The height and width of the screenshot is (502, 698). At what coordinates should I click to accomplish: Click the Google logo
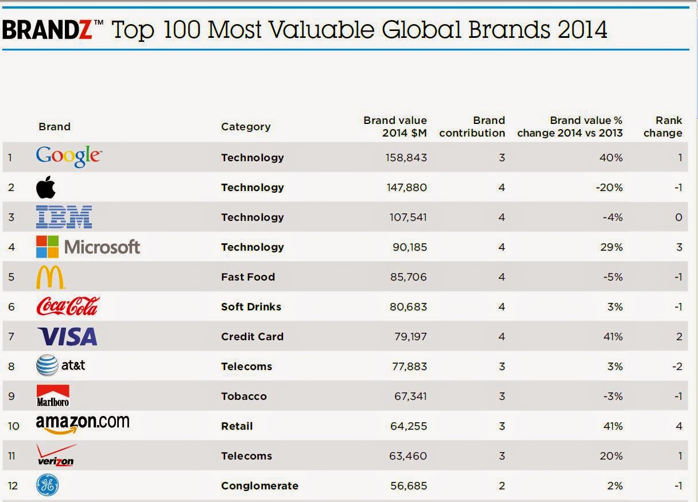pyautogui.click(x=68, y=156)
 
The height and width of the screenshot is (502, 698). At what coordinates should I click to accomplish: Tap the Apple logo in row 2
pyautogui.click(x=46, y=187)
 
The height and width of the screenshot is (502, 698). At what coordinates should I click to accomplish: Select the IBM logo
pyautogui.click(x=64, y=217)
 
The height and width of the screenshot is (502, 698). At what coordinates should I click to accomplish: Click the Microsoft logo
pyautogui.click(x=88, y=247)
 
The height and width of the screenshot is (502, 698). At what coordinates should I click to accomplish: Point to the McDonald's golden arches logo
pyautogui.click(x=50, y=277)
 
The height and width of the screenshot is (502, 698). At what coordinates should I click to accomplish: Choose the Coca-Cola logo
pyautogui.click(x=68, y=306)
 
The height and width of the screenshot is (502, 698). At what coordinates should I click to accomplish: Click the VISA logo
pyautogui.click(x=67, y=336)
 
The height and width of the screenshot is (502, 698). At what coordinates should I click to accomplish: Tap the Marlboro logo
pyautogui.click(x=53, y=396)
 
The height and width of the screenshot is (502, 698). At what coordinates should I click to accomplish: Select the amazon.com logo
pyautogui.click(x=83, y=425)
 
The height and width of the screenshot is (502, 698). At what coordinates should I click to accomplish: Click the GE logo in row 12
pyautogui.click(x=47, y=485)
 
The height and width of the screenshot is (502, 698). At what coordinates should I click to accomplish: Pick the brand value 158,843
pyautogui.click(x=406, y=157)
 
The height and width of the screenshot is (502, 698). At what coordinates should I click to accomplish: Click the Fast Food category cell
pyautogui.click(x=248, y=277)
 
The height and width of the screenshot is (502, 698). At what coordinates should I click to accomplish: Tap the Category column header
pyautogui.click(x=246, y=127)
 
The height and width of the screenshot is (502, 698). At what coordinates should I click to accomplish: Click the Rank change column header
pyautogui.click(x=665, y=127)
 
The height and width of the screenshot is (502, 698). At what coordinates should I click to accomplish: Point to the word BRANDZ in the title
pyautogui.click(x=47, y=30)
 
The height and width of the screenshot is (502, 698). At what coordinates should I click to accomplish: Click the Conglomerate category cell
pyautogui.click(x=259, y=485)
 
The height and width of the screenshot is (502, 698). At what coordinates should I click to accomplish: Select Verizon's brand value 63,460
pyautogui.click(x=406, y=456)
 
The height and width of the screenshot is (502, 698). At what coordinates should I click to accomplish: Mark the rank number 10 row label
pyautogui.click(x=14, y=426)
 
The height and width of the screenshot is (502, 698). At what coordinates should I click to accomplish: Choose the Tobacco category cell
pyautogui.click(x=243, y=396)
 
